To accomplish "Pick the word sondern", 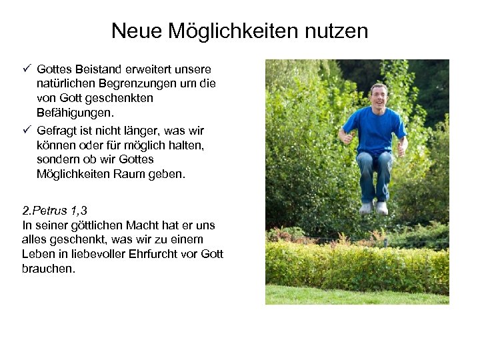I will click(x=58, y=160).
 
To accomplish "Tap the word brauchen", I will click(x=49, y=269).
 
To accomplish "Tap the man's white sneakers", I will click(x=374, y=208).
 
